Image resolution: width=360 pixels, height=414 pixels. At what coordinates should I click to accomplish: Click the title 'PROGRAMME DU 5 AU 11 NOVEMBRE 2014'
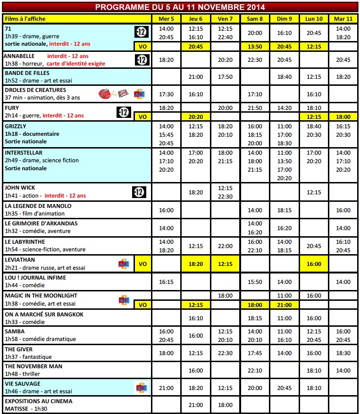[x=180, y=7]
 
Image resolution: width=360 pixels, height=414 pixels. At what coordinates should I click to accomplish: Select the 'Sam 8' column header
[x=255, y=18]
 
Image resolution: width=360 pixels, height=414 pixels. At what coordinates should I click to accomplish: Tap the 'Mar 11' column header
[x=343, y=18]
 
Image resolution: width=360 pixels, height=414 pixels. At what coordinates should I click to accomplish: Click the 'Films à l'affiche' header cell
[x=22, y=18]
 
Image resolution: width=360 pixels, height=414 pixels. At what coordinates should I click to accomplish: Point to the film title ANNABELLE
[x=17, y=56]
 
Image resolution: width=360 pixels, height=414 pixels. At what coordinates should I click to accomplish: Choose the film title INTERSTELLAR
[x=23, y=153]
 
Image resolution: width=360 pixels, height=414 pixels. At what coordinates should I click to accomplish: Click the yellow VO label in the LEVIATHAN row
[x=142, y=264]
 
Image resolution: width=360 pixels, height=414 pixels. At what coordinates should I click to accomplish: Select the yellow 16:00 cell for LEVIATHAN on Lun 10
[x=314, y=264]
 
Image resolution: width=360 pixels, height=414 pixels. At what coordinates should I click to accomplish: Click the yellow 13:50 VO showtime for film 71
[x=255, y=47]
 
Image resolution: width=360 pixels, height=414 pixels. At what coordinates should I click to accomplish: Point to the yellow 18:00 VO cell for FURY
[x=343, y=116]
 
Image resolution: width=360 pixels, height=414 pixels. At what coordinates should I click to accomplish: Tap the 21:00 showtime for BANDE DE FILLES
[x=196, y=77]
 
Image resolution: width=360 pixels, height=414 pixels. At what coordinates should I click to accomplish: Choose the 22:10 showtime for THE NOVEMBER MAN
[x=255, y=371]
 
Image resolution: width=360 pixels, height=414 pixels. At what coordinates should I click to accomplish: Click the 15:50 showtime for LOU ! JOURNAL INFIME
[x=255, y=282]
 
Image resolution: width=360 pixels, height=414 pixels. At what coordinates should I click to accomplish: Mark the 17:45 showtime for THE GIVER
[x=255, y=353]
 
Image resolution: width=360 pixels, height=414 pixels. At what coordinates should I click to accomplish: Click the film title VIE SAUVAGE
[x=22, y=384]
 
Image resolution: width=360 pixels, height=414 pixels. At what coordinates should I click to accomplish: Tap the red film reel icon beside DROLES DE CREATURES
[x=107, y=94]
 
